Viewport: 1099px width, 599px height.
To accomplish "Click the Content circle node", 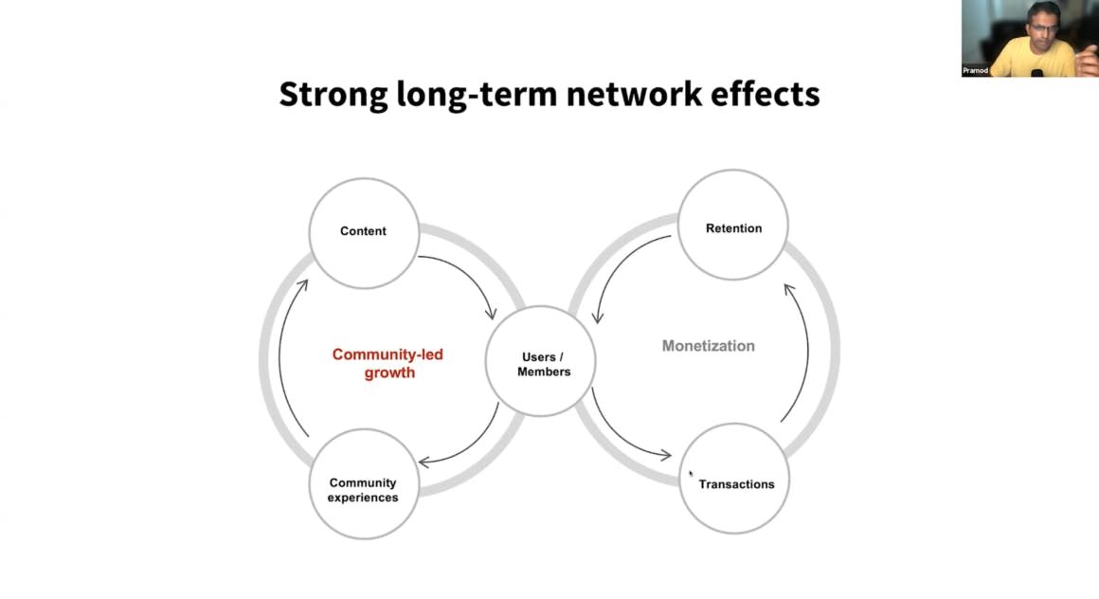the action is click(x=364, y=233).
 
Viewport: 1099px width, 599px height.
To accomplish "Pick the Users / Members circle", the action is click(x=540, y=361).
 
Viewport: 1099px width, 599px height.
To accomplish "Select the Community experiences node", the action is click(x=364, y=484).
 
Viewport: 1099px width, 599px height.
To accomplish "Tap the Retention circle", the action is click(x=733, y=225).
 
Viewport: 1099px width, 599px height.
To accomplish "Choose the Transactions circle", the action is click(x=734, y=479).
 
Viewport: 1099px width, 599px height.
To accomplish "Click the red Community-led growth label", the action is click(x=387, y=363).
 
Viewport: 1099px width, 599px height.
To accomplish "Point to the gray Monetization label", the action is click(x=709, y=346).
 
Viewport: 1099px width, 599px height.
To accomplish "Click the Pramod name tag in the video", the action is click(x=975, y=71).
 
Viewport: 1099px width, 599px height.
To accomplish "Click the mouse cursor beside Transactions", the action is click(x=691, y=474).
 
